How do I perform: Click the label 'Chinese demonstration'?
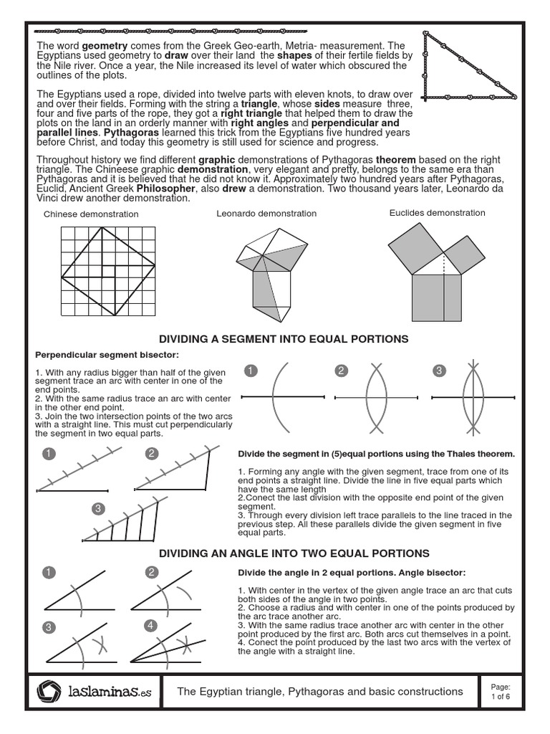(x=91, y=214)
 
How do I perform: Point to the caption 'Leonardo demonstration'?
(x=266, y=214)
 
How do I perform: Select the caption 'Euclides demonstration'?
(x=437, y=213)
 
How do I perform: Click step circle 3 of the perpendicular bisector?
(x=439, y=371)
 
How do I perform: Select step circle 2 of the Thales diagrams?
(x=152, y=453)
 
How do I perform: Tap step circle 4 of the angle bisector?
(x=150, y=626)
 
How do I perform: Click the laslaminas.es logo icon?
(x=49, y=692)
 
